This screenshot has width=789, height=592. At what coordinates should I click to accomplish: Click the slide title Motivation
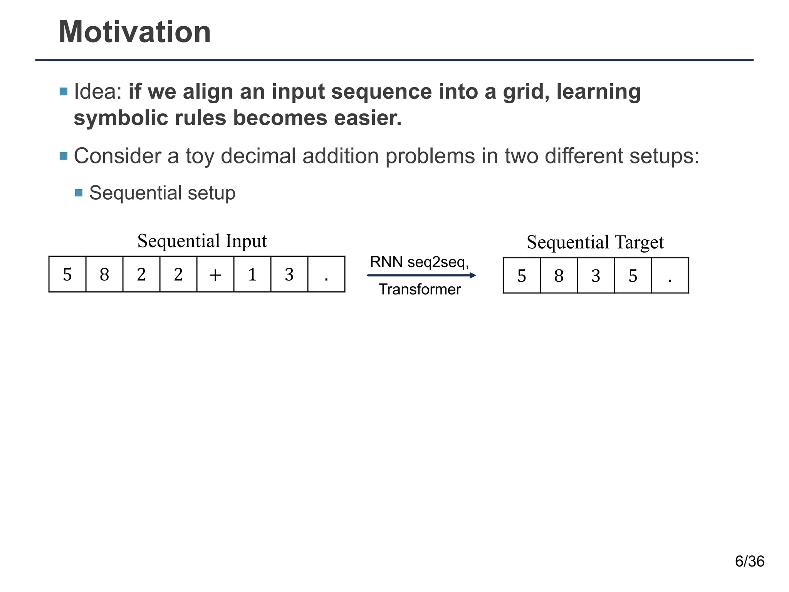[x=134, y=32]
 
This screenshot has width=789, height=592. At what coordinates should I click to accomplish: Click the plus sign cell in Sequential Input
[x=215, y=274]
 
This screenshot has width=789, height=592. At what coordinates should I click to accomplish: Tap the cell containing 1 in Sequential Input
[x=252, y=274]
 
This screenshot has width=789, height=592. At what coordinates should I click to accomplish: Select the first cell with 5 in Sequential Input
[x=67, y=274]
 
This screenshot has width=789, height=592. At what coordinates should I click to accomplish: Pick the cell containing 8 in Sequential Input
[x=104, y=274]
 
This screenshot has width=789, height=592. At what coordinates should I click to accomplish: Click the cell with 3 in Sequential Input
[x=289, y=274]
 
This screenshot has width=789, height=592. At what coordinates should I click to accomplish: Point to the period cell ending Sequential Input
[x=326, y=274]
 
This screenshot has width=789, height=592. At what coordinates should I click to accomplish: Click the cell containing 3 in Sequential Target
[x=596, y=276]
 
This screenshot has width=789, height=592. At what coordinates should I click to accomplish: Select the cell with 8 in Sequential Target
[x=559, y=276]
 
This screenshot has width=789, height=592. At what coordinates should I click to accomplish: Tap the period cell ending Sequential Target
[x=670, y=276]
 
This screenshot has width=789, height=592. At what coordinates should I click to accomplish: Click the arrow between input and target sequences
[x=421, y=275]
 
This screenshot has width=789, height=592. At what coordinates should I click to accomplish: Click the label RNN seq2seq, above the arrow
[x=419, y=262]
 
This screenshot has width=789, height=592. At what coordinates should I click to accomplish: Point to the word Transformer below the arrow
[x=420, y=289]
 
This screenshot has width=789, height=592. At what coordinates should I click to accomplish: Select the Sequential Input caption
[x=202, y=241]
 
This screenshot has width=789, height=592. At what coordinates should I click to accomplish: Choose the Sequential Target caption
[x=595, y=242]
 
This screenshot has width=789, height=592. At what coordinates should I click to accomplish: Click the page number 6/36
[x=749, y=562]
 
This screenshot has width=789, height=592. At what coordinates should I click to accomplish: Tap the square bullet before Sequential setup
[x=79, y=193]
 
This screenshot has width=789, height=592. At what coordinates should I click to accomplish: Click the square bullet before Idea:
[x=64, y=92]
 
